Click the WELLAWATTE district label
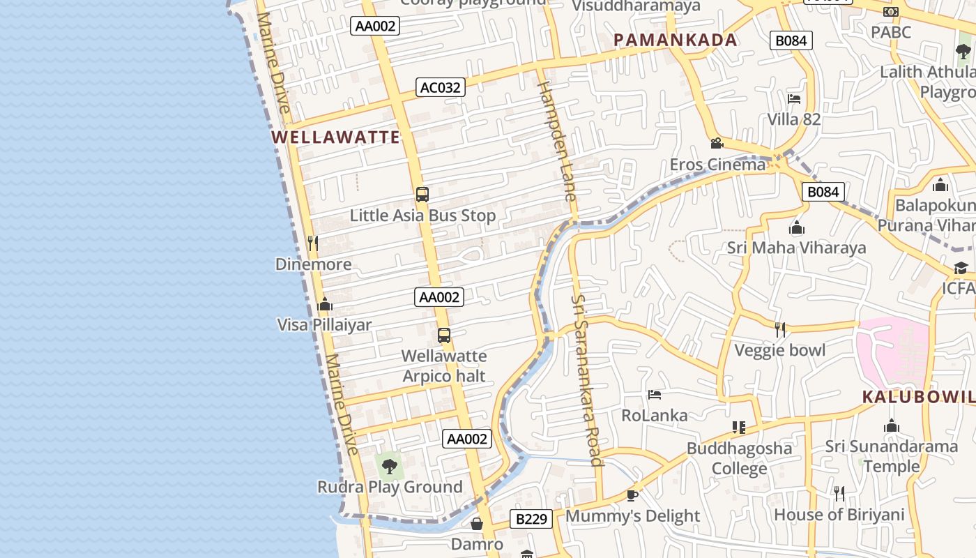336,137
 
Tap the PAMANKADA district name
675,40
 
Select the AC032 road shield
441,87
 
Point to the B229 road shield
531,518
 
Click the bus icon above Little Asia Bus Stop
422,195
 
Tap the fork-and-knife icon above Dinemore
313,243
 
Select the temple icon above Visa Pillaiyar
324,305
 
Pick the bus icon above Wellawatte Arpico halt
444,335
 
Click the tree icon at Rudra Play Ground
390,466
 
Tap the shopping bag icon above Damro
477,523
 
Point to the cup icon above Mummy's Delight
632,495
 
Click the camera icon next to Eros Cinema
716,144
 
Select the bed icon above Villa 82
793,99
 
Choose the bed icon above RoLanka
654,395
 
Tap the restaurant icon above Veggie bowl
780,329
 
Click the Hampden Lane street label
559,139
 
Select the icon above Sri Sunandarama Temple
891,426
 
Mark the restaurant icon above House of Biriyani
839,494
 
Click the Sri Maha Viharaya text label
796,248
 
